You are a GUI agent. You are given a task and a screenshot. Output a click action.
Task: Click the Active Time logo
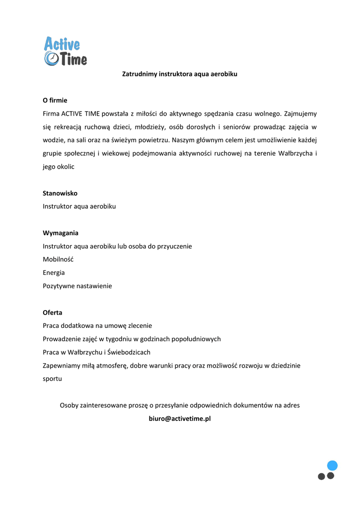pyautogui.click(x=65, y=51)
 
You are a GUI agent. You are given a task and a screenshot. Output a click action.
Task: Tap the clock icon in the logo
pyautogui.click(x=51, y=59)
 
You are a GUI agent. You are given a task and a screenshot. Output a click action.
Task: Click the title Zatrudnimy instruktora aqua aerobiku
pyautogui.click(x=180, y=74)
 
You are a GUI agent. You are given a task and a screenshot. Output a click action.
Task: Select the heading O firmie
pyautogui.click(x=55, y=100)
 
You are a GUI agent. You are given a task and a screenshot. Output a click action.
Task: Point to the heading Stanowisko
pyautogui.click(x=60, y=193)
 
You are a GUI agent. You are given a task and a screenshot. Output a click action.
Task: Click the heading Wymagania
pyautogui.click(x=61, y=233)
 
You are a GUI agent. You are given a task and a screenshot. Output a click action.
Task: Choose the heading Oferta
pyautogui.click(x=53, y=313)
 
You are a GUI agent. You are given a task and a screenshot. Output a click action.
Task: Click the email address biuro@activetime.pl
pyautogui.click(x=180, y=419)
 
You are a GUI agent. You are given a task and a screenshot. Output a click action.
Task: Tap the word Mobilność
pyautogui.click(x=58, y=259)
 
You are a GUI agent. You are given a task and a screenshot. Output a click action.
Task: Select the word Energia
pyautogui.click(x=54, y=273)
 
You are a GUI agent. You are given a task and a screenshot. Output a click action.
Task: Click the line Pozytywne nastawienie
pyautogui.click(x=77, y=286)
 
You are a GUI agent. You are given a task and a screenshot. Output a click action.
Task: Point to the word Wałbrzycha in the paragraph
pyautogui.click(x=296, y=154)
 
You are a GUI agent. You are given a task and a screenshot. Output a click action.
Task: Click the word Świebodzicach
pyautogui.click(x=128, y=352)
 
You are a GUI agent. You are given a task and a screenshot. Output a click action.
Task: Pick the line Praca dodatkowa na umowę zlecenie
pyautogui.click(x=97, y=326)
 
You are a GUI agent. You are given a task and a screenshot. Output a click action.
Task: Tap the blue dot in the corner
pyautogui.click(x=332, y=465)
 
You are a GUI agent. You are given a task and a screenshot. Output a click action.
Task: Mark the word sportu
pyautogui.click(x=52, y=379)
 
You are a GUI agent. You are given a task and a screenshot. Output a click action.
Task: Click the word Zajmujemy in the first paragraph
pyautogui.click(x=300, y=114)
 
